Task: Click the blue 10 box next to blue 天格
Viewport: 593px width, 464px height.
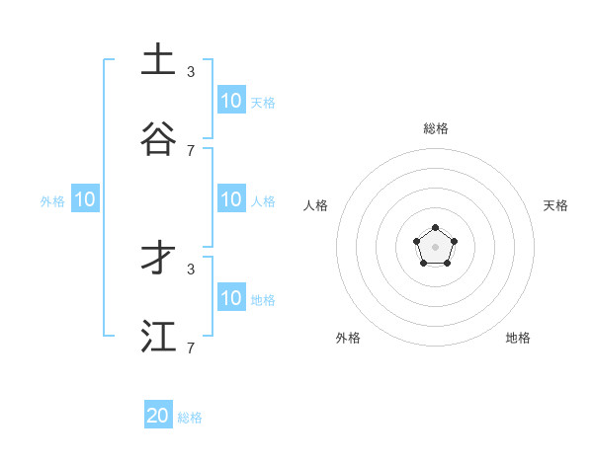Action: click(231, 101)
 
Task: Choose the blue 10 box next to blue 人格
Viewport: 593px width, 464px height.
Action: click(231, 199)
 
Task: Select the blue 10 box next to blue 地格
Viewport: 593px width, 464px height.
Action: click(231, 298)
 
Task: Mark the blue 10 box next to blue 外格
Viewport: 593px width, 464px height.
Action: click(85, 199)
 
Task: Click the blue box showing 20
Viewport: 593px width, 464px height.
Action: click(158, 416)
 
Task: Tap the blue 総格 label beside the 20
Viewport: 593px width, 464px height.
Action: click(190, 418)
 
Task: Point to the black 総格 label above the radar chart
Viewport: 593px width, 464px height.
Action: click(435, 128)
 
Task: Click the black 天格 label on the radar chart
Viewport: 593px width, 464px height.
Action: click(555, 205)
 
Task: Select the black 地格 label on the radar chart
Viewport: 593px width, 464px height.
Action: click(518, 338)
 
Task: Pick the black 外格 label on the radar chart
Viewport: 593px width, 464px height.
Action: click(348, 338)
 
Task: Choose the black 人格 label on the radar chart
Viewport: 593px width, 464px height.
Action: click(315, 205)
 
